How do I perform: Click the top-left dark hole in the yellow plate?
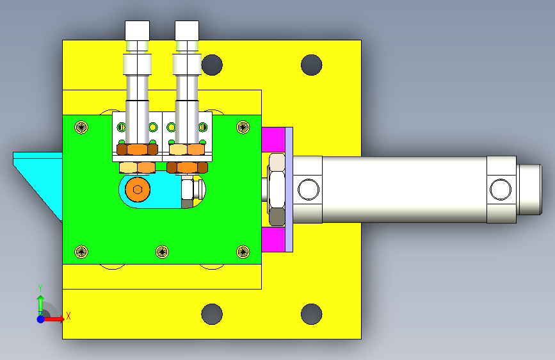tap(212, 65)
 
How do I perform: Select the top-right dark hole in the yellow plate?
tap(312, 65)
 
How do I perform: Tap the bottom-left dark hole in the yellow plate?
tap(212, 314)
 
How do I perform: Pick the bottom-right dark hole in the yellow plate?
tap(312, 314)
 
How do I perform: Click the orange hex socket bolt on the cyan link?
tap(138, 190)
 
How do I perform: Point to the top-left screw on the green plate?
tap(81, 127)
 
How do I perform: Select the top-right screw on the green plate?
tap(243, 127)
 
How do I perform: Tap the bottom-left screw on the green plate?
tap(81, 252)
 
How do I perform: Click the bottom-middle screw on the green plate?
tap(162, 252)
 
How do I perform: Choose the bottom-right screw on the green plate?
tap(243, 252)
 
